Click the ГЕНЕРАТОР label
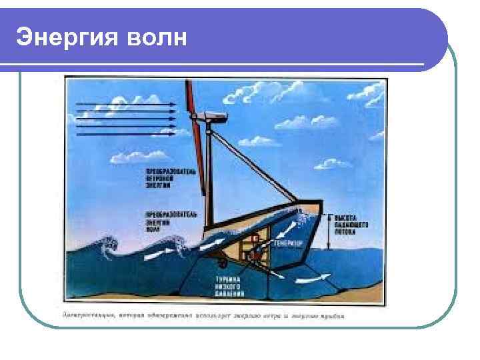tap(289, 244)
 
